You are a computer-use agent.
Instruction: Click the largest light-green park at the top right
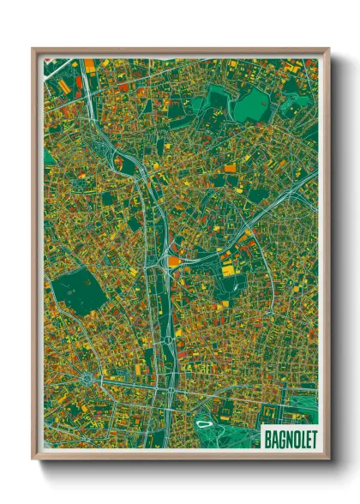tap(252, 105)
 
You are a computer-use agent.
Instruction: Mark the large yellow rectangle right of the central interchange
tap(228, 270)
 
